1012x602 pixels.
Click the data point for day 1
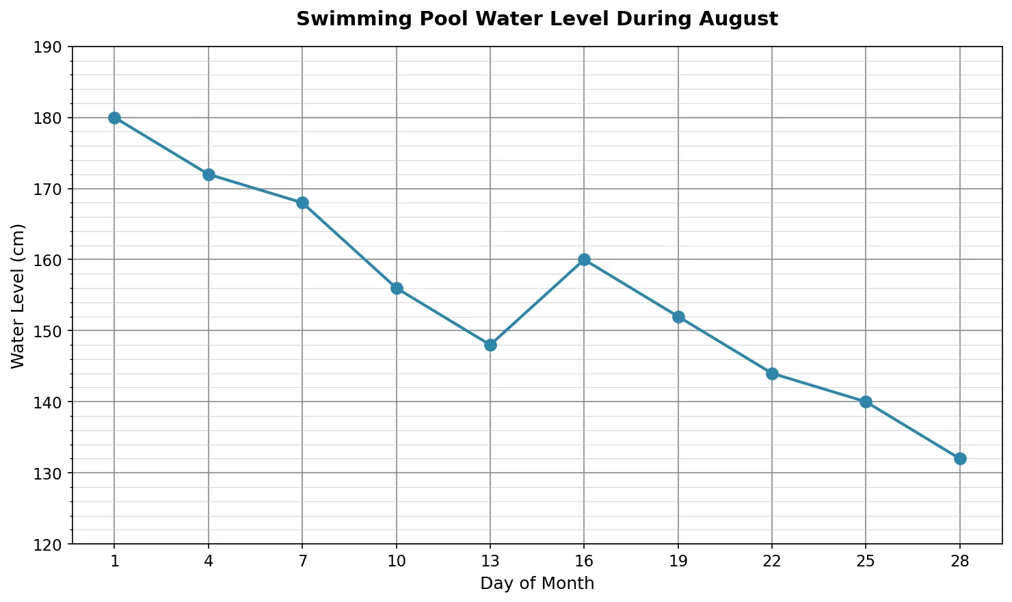[x=114, y=118]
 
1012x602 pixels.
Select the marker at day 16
[x=584, y=260]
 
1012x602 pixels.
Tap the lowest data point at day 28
[x=960, y=458]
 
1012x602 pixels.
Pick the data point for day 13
[x=490, y=345]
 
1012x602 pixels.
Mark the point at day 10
[x=397, y=288]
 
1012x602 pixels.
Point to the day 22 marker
[x=772, y=374]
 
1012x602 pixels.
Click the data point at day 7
[x=302, y=203]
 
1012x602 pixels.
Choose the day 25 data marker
[x=866, y=402]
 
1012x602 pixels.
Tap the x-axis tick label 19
[x=678, y=562]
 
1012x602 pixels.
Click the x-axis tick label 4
[x=209, y=562]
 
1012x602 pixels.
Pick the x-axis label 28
[x=960, y=562]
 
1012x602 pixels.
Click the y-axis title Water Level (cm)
[x=18, y=296]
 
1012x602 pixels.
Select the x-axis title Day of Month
[x=537, y=584]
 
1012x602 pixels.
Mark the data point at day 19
[x=678, y=317]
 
